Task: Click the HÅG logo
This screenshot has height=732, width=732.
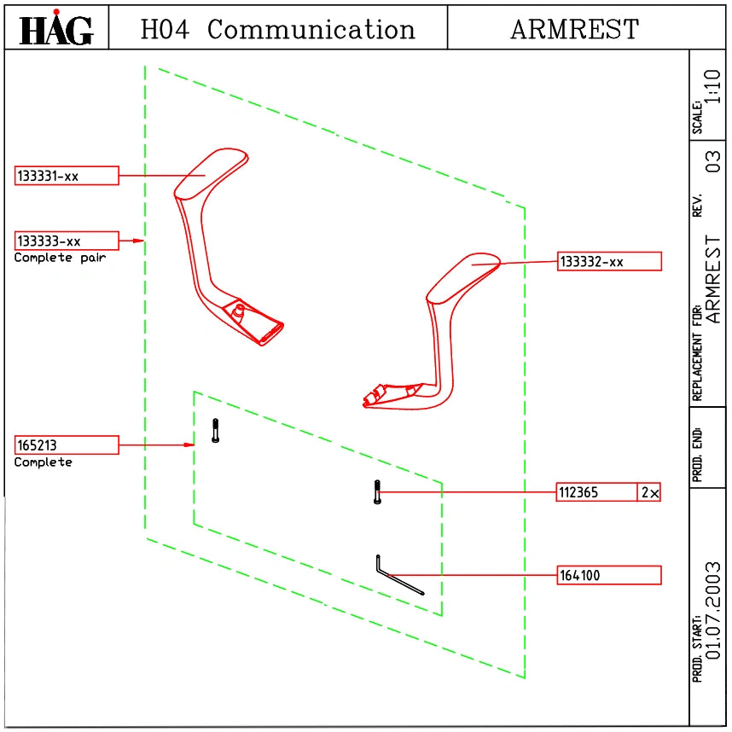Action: pyautogui.click(x=56, y=28)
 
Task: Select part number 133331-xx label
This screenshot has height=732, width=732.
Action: pyautogui.click(x=67, y=176)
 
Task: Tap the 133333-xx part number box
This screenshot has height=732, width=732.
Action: pyautogui.click(x=67, y=241)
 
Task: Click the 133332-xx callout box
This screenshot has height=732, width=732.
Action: pyautogui.click(x=609, y=261)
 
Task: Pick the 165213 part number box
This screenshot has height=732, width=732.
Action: pyautogui.click(x=67, y=444)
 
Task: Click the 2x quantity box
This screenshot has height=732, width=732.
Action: pyautogui.click(x=649, y=492)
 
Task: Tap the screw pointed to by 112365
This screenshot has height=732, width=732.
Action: pyautogui.click(x=377, y=492)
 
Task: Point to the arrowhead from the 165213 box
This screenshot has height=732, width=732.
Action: pyautogui.click(x=189, y=444)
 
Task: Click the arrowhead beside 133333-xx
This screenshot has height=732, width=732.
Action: pyautogui.click(x=138, y=241)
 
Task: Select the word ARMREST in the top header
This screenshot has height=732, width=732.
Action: pyautogui.click(x=575, y=29)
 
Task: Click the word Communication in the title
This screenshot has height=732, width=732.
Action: pyautogui.click(x=311, y=29)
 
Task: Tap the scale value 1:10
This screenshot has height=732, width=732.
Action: pyautogui.click(x=713, y=86)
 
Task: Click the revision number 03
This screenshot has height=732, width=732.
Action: pyautogui.click(x=713, y=161)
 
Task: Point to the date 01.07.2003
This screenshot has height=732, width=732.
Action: pyautogui.click(x=713, y=611)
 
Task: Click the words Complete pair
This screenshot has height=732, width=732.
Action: pyautogui.click(x=61, y=259)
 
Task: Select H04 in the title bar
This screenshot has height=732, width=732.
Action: pyautogui.click(x=165, y=29)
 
